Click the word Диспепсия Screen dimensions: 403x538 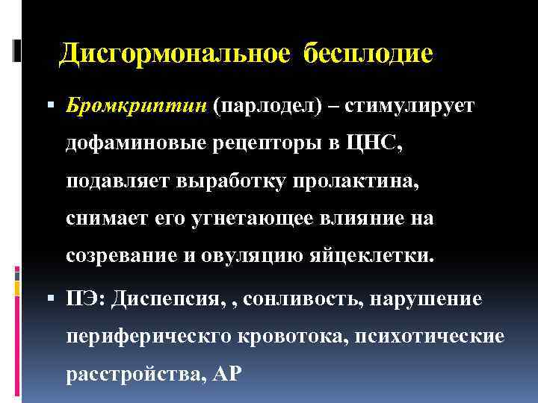[x=167, y=299]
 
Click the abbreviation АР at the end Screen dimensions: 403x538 [x=228, y=373]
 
